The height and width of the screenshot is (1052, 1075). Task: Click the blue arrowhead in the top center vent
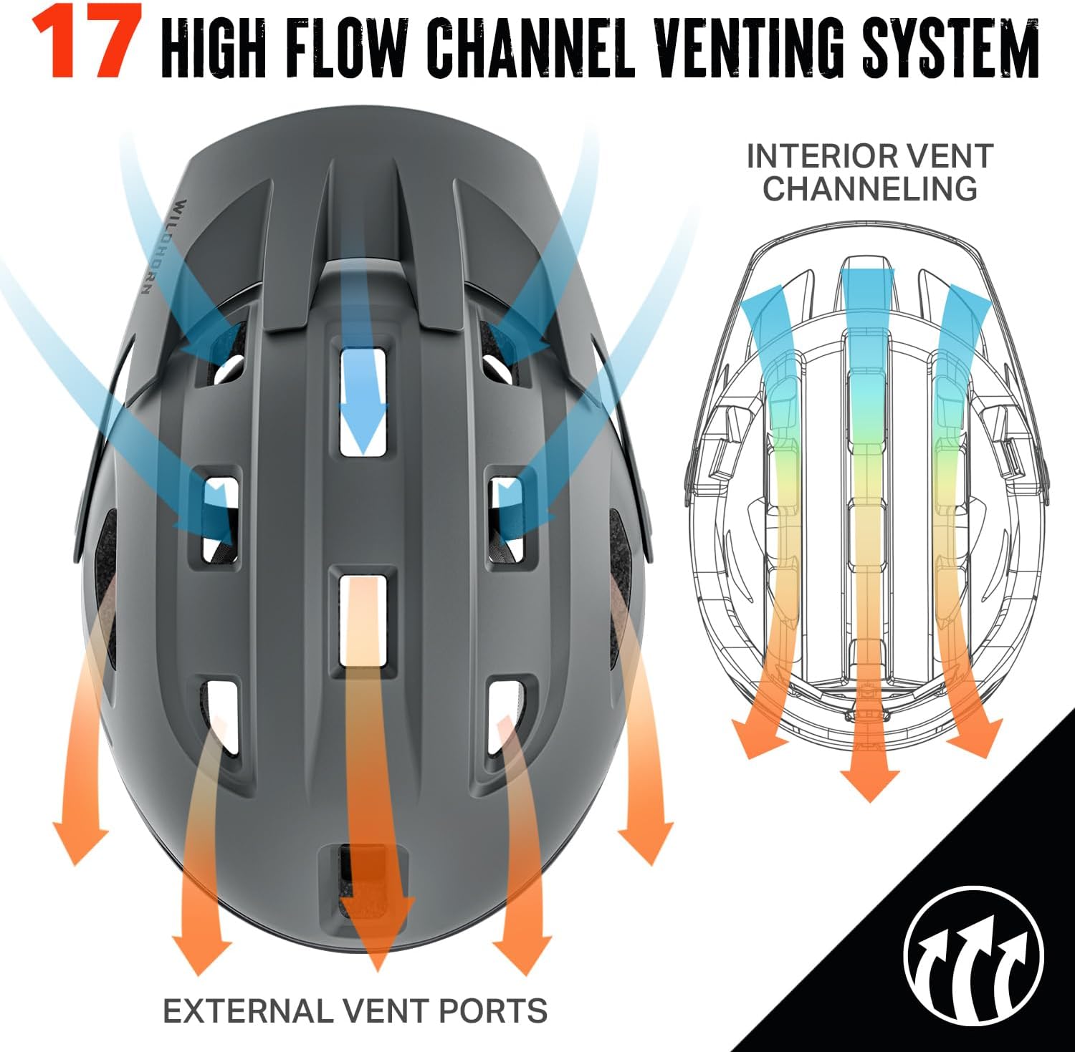click(x=364, y=430)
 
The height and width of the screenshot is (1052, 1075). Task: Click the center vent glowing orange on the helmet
click(x=363, y=619)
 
